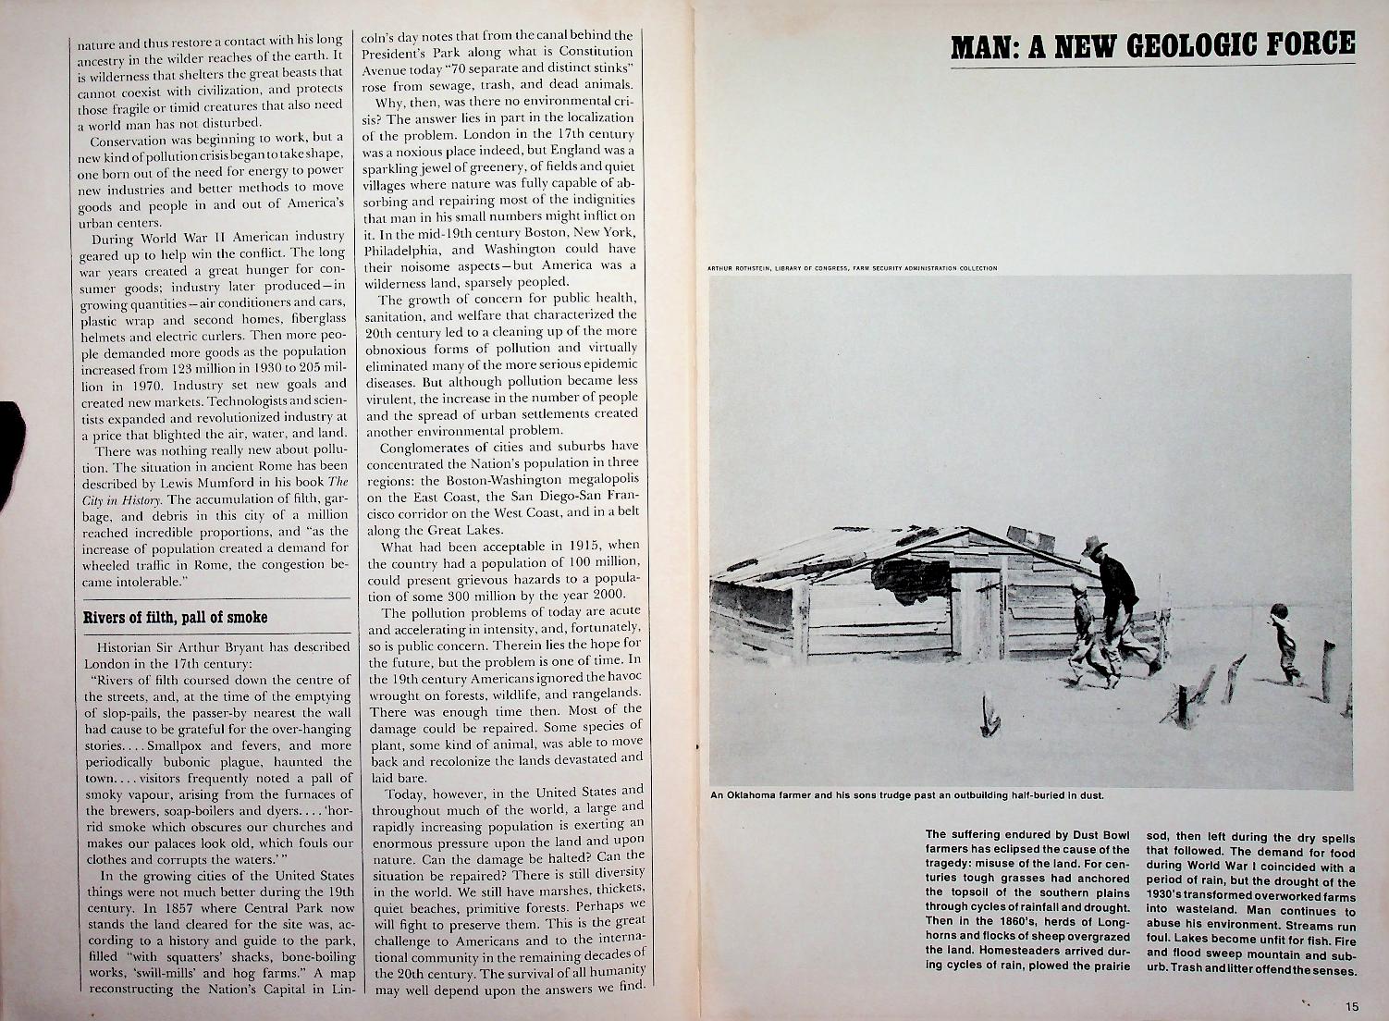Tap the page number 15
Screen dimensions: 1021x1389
point(1352,1006)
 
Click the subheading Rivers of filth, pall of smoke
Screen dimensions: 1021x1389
point(176,617)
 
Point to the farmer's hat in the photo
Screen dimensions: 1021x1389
point(1095,545)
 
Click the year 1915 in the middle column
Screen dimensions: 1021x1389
point(582,546)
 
